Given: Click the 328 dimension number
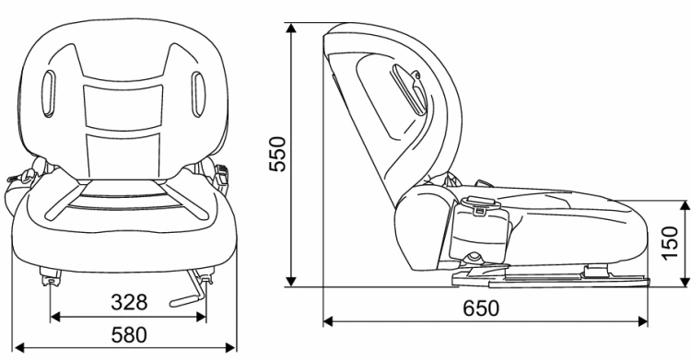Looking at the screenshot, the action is click(129, 303).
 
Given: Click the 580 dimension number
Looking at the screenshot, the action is click(129, 335).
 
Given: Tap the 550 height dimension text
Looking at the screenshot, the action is click(277, 154).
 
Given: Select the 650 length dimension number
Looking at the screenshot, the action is click(481, 308).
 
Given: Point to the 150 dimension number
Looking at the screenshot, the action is click(671, 243).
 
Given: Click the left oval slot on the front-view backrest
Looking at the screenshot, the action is click(49, 94).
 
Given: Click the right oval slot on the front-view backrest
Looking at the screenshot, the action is click(198, 95).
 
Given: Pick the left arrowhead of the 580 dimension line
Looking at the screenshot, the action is click(19, 348).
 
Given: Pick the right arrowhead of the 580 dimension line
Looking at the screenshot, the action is click(230, 348).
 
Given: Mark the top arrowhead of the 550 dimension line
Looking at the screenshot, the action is click(291, 29).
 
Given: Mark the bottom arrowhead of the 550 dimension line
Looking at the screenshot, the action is click(291, 281).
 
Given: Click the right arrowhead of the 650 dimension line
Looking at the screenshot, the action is click(642, 321).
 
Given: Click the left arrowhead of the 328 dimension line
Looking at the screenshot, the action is click(55, 316).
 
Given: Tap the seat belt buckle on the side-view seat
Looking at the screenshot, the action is click(479, 205).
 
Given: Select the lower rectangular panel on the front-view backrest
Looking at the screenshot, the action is click(123, 156).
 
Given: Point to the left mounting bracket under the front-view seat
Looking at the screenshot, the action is click(51, 276).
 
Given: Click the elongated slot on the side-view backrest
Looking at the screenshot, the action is click(409, 88).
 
